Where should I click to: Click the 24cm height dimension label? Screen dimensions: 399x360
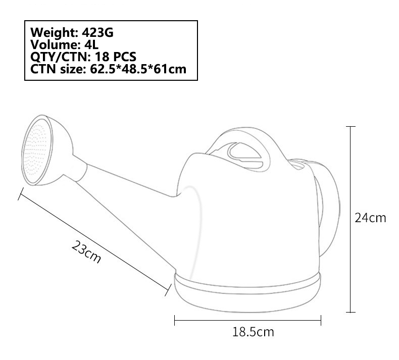[x=370, y=218]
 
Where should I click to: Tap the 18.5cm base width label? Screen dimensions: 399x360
[x=253, y=332]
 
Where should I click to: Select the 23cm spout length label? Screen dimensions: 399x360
[x=86, y=251]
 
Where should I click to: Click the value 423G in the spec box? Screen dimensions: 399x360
[x=97, y=32]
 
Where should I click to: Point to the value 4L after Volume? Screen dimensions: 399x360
[x=91, y=45]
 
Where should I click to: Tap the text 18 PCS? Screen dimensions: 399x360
[x=116, y=57]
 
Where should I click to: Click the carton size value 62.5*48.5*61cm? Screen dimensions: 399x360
[x=138, y=69]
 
